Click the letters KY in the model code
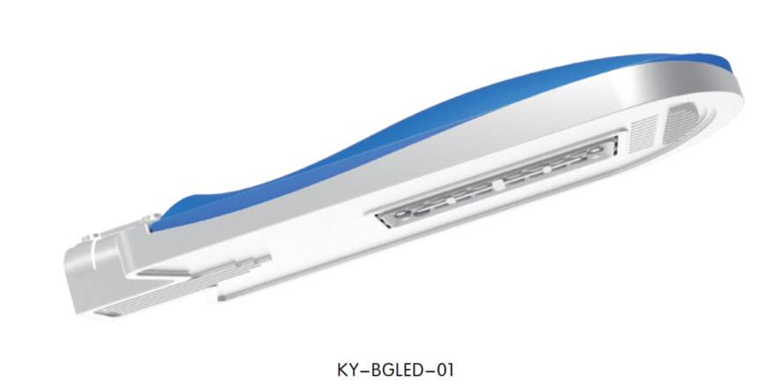click(x=347, y=370)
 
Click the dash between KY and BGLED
click(x=364, y=371)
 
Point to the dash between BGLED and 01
click(x=426, y=371)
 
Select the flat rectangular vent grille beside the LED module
click(x=644, y=131)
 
